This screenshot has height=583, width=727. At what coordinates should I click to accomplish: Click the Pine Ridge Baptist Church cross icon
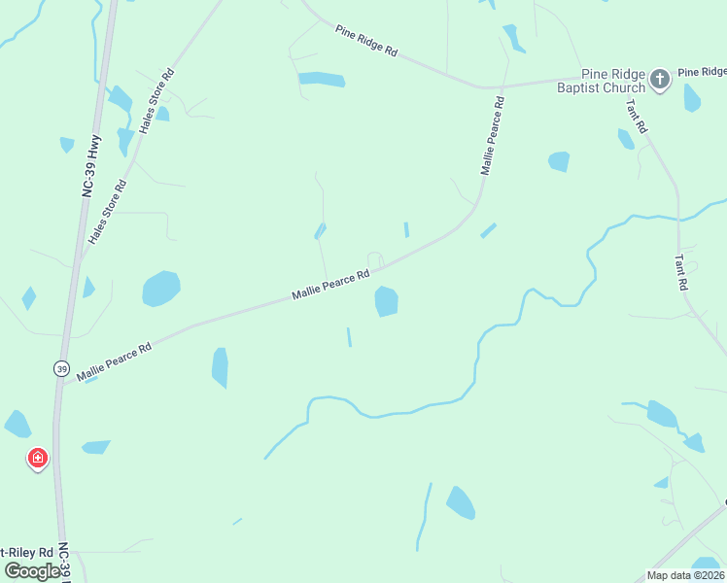(660, 80)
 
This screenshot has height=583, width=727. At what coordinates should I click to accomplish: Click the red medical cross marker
(38, 458)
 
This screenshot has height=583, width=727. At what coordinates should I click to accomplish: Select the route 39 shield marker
(61, 369)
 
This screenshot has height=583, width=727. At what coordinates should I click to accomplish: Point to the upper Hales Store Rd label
(156, 100)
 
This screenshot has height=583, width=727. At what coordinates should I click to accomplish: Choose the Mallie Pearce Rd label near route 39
(115, 360)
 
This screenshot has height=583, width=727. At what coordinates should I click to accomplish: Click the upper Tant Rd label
(637, 117)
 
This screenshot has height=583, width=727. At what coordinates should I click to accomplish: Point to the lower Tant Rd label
(681, 273)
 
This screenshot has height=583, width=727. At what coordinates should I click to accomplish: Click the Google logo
(32, 571)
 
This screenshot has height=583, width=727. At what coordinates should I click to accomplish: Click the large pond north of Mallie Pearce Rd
(161, 289)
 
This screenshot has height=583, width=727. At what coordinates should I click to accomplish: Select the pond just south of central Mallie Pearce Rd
(386, 301)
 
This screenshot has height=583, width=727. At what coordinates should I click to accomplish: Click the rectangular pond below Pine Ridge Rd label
(322, 80)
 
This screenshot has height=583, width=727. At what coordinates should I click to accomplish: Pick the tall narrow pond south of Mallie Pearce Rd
(220, 367)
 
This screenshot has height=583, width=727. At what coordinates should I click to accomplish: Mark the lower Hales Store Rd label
(108, 211)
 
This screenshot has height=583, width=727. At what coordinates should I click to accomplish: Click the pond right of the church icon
(691, 98)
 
